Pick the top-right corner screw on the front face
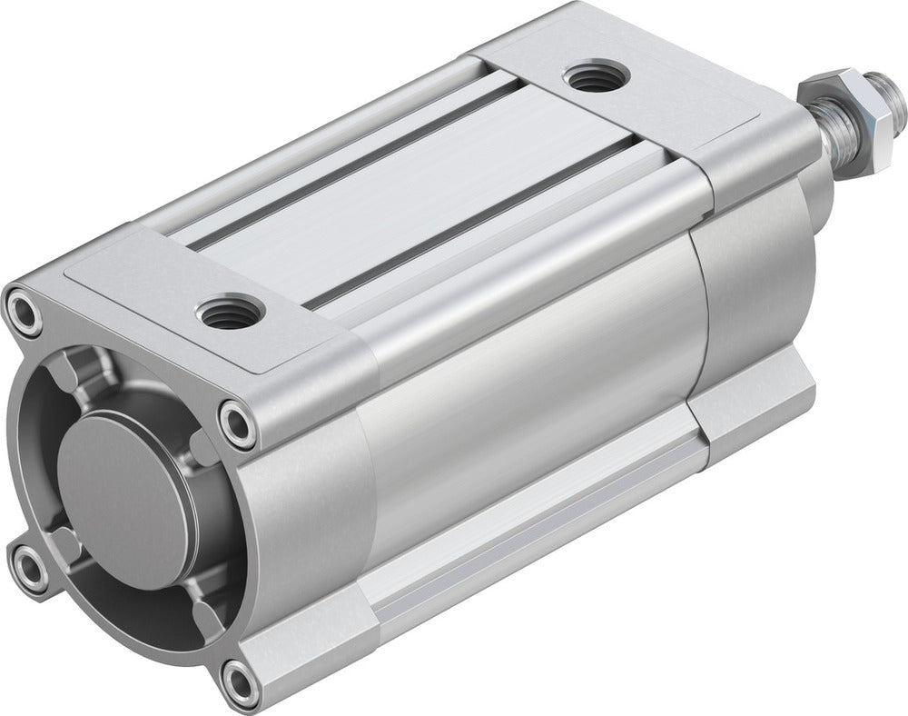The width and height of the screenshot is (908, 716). (x=238, y=422)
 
